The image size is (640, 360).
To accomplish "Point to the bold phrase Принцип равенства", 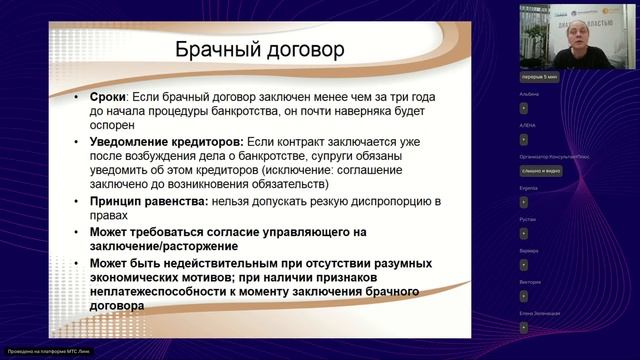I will (x=148, y=201).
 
